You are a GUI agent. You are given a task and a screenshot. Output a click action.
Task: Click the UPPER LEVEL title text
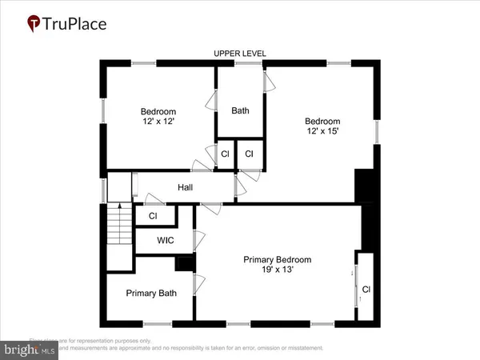click(x=240, y=54)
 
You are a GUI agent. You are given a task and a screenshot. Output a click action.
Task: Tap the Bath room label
click(x=240, y=110)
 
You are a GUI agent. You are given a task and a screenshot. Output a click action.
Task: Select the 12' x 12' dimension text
click(x=158, y=122)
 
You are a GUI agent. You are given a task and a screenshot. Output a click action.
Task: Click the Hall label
click(x=186, y=187)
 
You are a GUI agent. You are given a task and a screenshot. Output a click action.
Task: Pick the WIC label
click(x=166, y=240)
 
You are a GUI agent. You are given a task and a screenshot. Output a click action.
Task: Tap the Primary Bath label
click(x=151, y=293)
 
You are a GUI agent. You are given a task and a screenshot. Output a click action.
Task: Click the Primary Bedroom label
click(x=277, y=260)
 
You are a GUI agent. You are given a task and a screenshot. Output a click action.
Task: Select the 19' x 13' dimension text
click(x=277, y=270)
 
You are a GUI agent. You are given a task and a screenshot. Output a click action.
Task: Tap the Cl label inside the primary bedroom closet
click(x=366, y=289)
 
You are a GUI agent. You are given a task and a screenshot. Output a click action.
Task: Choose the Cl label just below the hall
click(x=152, y=215)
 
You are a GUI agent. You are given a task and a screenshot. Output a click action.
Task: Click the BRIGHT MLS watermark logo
click(x=30, y=349)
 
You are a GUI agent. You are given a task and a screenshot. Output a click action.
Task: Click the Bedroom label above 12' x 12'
click(x=158, y=111)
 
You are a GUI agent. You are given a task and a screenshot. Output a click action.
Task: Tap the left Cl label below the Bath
click(x=226, y=154)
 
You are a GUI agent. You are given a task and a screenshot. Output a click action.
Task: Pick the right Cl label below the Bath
click(x=249, y=154)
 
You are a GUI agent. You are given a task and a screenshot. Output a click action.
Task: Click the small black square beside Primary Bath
click(x=185, y=263)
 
